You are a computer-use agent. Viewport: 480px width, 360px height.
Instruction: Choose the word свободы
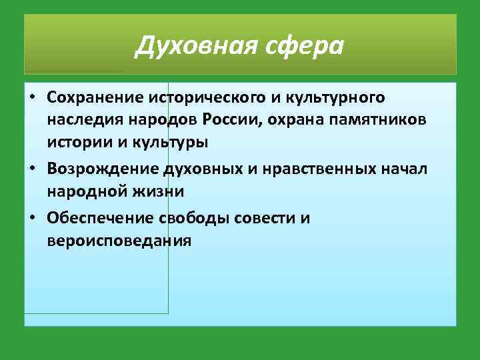coord(190,217)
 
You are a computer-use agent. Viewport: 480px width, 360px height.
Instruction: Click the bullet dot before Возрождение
coord(33,170)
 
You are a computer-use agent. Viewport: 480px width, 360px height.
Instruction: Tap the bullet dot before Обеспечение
coord(33,218)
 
